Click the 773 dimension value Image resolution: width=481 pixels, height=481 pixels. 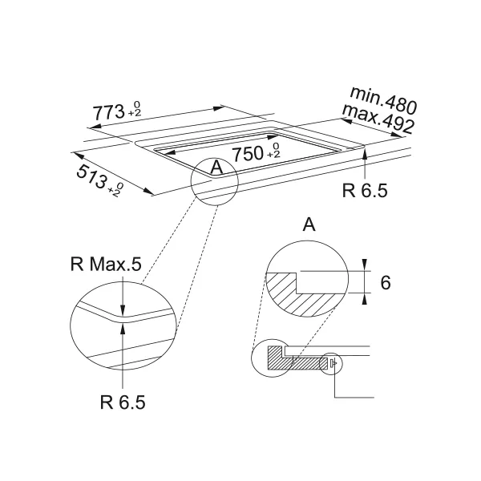(x=108, y=112)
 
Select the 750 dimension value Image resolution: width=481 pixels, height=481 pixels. (x=248, y=153)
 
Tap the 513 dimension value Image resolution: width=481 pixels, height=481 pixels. (x=91, y=176)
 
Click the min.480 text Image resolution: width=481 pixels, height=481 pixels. (x=383, y=100)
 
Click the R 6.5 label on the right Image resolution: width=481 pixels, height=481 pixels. (x=365, y=191)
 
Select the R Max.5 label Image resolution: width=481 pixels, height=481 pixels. (x=106, y=264)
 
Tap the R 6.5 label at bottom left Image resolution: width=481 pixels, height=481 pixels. (x=123, y=402)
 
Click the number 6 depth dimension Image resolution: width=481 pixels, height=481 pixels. (x=386, y=282)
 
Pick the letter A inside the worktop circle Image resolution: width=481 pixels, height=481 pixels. (x=217, y=168)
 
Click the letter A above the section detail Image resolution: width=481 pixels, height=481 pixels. (x=309, y=224)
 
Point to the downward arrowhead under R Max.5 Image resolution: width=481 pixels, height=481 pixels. (x=123, y=309)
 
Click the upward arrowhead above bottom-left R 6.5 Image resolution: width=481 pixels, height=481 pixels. (x=123, y=329)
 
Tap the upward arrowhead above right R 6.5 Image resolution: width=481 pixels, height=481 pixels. (x=365, y=153)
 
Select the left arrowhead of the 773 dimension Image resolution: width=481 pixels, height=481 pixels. (x=94, y=127)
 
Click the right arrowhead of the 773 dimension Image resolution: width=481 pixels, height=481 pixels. (x=219, y=108)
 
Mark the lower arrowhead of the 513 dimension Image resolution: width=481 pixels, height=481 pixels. (x=149, y=192)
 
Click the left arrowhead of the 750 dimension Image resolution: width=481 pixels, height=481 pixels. (x=170, y=152)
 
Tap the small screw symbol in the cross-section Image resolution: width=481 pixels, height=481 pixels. (x=333, y=363)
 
